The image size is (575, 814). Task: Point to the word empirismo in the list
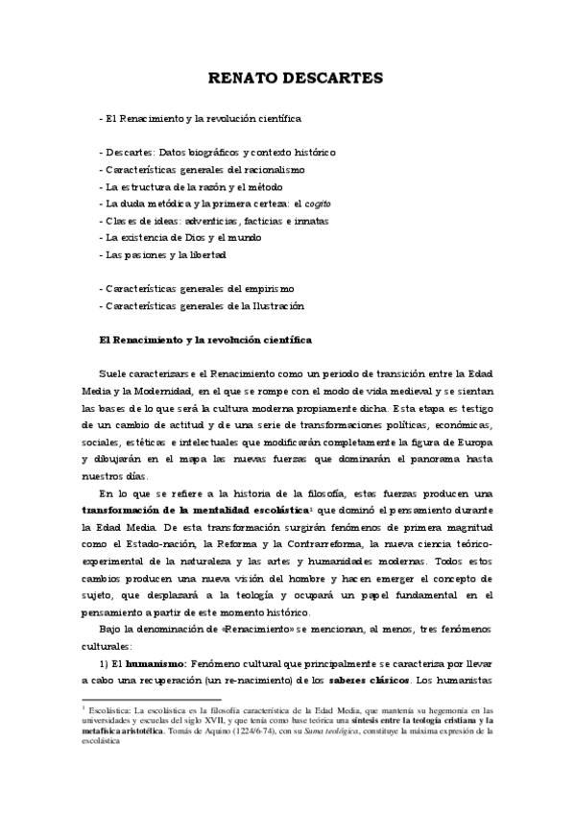pos(273,288)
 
